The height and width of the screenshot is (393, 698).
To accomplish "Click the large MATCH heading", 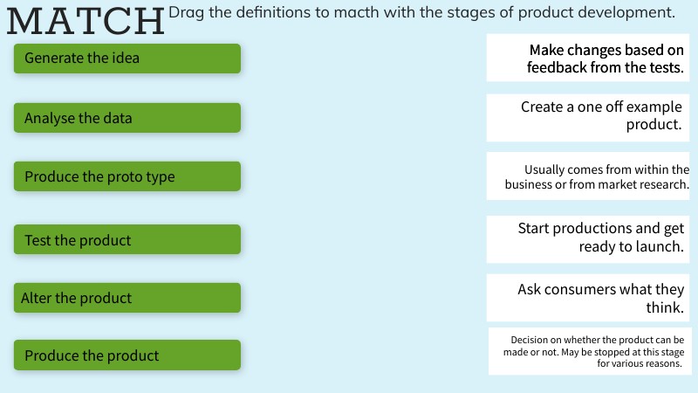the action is pos(86,21).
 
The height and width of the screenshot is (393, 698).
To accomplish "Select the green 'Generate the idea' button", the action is pos(127,59).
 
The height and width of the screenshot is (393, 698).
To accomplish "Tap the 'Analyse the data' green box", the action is pos(127,118).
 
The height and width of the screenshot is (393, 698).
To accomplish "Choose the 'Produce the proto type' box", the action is pos(127,176).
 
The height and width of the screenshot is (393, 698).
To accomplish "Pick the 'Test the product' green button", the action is pos(127,239).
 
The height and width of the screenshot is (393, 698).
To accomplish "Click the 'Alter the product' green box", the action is pos(127,298).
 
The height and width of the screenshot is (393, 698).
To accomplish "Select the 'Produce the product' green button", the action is pos(127,355).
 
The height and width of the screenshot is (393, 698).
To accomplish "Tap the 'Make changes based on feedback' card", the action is pos(587,58).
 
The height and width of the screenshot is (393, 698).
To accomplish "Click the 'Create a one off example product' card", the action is pos(587,118).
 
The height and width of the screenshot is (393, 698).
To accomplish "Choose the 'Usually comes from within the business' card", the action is pos(587,176).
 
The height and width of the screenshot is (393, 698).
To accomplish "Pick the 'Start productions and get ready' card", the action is pos(587,239).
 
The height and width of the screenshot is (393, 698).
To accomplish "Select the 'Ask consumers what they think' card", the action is pos(587,298).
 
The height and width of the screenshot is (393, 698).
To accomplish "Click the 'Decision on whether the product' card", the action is pos(590,352).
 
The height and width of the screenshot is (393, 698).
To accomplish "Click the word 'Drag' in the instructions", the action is pos(186,13).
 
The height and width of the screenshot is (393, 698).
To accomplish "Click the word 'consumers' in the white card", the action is pos(579,290).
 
